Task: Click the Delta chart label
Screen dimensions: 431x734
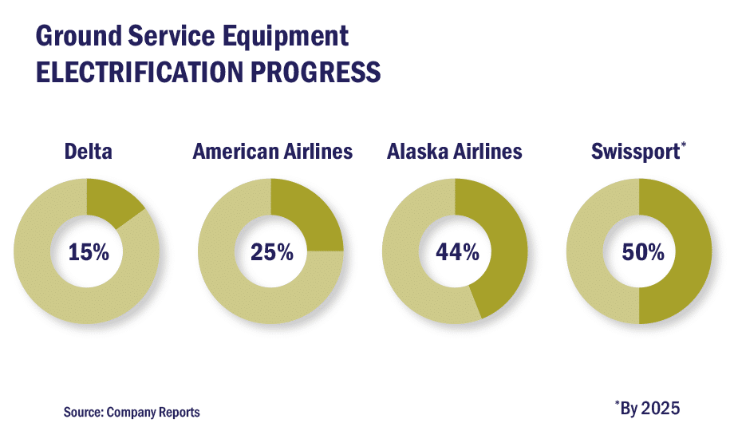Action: (x=88, y=151)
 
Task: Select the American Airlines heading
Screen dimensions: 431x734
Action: (x=272, y=151)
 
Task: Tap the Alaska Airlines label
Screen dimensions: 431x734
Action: (x=455, y=151)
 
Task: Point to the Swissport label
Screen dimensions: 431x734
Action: (x=635, y=151)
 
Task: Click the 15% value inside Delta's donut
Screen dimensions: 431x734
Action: (x=88, y=252)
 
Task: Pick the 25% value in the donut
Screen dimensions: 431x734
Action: (x=271, y=252)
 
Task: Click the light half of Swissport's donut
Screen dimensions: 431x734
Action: (x=590, y=251)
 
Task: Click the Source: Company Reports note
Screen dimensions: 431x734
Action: (x=132, y=412)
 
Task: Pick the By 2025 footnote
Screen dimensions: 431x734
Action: (x=650, y=408)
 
